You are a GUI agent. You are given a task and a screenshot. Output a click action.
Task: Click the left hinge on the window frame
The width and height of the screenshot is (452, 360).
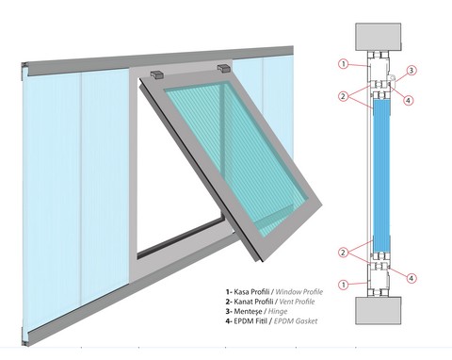157,74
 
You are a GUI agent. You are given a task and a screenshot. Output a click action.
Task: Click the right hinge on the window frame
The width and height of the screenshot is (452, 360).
224,68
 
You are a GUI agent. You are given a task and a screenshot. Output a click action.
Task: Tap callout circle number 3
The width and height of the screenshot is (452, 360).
412,71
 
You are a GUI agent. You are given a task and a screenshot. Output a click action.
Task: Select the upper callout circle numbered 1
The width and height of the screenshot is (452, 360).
344,64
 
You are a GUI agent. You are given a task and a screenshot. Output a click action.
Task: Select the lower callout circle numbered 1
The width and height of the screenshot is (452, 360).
344,285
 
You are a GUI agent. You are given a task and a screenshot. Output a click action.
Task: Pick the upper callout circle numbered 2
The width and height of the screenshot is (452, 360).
343,96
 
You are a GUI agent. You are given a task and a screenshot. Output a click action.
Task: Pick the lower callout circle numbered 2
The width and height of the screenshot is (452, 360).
343,253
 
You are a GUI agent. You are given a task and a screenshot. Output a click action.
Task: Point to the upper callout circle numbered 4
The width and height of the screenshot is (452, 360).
408,101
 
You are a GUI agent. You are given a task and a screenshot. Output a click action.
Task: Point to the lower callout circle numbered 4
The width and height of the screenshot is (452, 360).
412,278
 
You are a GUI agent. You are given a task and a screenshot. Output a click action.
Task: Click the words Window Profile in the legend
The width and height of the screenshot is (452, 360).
299,292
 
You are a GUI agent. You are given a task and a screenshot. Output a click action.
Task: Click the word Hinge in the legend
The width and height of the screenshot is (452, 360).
278,311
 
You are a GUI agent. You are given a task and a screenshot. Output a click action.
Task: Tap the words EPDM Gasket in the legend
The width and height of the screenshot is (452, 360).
296,321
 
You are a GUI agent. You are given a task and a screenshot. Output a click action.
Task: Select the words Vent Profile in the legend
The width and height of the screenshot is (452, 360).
297,302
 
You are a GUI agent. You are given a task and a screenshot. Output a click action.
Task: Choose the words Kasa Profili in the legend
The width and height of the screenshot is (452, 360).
252,292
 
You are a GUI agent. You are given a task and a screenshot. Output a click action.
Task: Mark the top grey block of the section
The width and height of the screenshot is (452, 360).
379,37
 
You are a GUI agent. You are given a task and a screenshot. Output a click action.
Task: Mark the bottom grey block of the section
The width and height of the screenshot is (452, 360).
379,310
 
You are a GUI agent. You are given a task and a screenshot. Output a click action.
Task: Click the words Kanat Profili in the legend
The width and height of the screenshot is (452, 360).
254,302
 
